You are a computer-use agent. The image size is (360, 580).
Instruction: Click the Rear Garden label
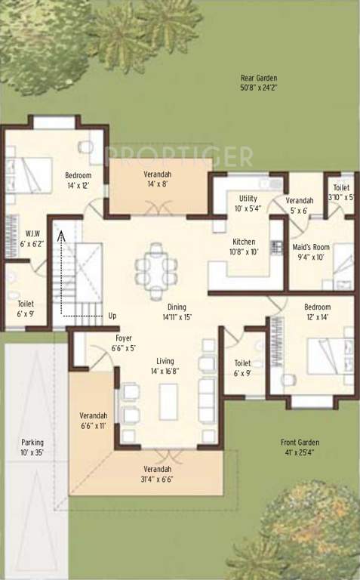pos(259,83)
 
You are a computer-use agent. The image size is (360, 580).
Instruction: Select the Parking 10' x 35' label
pos(32,447)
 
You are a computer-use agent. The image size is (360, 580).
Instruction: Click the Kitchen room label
pos(245,247)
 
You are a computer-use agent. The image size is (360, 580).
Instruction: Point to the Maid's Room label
pos(310,251)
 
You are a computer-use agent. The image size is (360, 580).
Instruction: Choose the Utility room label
pos(248,203)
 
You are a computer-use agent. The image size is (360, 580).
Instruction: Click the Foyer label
pos(125,343)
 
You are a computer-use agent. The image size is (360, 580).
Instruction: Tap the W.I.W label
pos(32,238)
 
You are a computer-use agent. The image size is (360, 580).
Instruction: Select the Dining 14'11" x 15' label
pos(177,312)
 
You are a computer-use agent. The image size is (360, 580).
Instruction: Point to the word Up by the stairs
pos(112,315)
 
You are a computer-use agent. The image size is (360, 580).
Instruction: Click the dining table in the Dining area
pos(153,268)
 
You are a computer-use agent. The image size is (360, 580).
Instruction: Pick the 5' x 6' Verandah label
pos(300,205)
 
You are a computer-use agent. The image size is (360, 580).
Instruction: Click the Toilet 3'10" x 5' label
pos(340,193)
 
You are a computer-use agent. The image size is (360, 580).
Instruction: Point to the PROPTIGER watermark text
pos(179,156)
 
